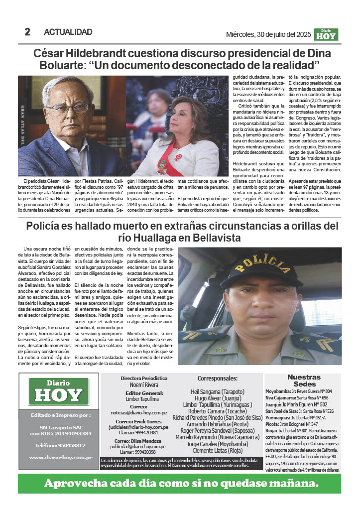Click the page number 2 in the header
tap(27, 32)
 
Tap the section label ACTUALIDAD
tap(68, 32)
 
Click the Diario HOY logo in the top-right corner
tap(327, 34)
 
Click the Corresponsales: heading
tap(218, 379)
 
